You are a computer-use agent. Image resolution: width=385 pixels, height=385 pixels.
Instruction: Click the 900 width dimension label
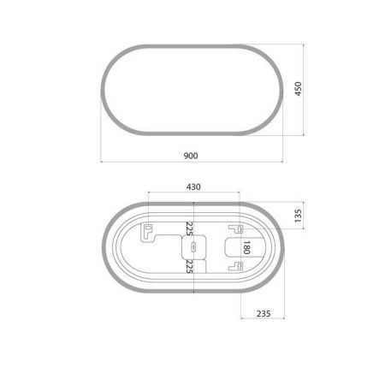pyautogui.click(x=192, y=156)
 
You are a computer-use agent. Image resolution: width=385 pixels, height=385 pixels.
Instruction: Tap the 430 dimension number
pyautogui.click(x=194, y=187)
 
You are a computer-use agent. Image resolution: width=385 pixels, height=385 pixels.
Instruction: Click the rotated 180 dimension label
pyautogui.click(x=246, y=248)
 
